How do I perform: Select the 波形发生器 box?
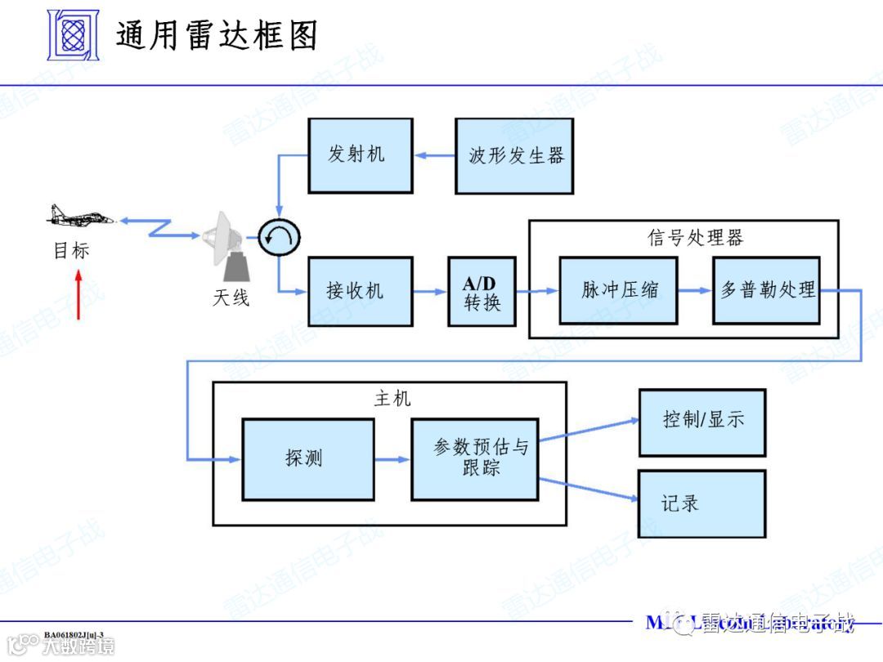[514, 155]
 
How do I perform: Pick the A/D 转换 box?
[482, 292]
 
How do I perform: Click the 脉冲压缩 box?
[618, 290]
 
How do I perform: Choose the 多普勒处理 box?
[766, 290]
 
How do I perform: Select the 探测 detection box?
[307, 458]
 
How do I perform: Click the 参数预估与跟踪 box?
[475, 458]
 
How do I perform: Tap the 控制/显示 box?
[701, 421]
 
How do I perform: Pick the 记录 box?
[701, 503]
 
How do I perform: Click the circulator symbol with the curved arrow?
[279, 238]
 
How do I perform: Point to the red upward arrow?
[78, 295]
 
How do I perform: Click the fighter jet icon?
[79, 217]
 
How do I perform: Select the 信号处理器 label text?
[695, 238]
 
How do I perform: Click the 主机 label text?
[392, 399]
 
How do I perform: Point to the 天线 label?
[231, 298]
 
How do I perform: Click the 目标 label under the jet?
[71, 251]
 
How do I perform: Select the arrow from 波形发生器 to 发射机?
[435, 154]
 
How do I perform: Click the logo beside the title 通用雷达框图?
[72, 35]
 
